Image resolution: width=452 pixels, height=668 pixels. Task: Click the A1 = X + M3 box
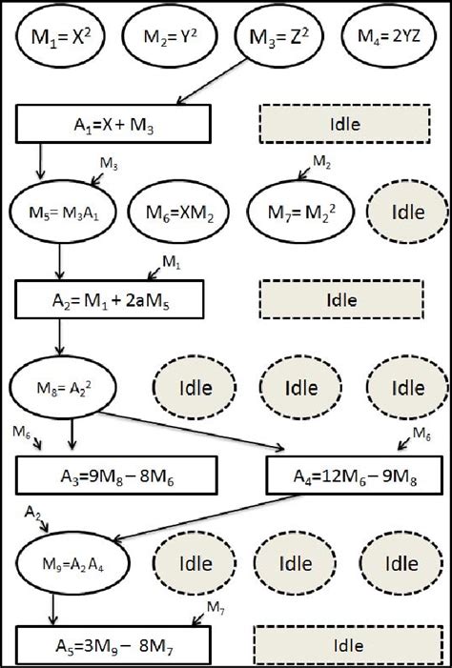113,123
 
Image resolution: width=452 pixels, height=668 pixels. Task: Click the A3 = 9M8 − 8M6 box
116,472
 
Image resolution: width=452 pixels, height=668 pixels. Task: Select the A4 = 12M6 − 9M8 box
347,472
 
